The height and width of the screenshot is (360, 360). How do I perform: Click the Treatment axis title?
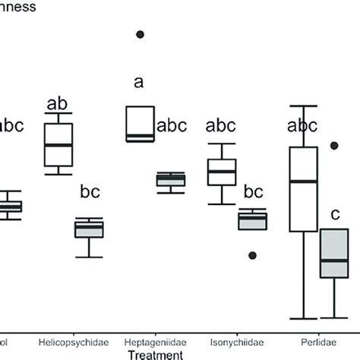[155, 354]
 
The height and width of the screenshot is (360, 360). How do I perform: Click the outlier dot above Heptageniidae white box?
[141, 34]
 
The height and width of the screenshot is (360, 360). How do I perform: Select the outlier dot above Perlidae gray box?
[333, 145]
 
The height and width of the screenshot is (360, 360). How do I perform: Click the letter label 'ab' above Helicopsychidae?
[58, 103]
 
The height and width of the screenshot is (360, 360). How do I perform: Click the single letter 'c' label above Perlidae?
[334, 213]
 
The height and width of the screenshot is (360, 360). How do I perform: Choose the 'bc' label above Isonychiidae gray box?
[253, 192]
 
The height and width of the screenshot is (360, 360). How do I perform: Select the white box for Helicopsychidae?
[58, 144]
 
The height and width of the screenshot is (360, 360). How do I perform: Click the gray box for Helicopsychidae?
[89, 229]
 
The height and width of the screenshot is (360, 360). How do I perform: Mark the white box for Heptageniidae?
[141, 123]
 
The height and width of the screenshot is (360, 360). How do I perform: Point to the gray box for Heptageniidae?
[171, 180]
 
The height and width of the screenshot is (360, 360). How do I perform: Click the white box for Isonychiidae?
[222, 172]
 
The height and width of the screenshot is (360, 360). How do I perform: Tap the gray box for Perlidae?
[334, 252]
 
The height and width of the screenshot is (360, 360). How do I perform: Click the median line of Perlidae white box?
[304, 182]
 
